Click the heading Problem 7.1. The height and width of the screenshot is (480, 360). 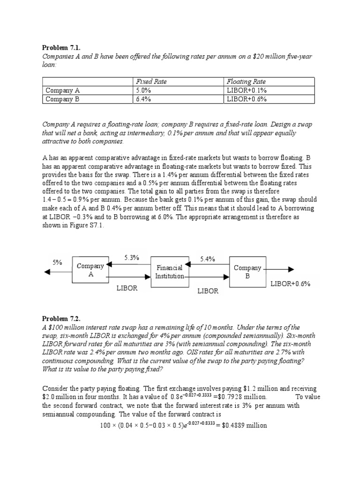(59, 47)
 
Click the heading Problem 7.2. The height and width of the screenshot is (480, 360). (59, 319)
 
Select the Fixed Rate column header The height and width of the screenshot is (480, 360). (151, 82)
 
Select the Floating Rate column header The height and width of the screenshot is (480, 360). (246, 82)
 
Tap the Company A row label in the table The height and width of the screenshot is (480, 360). (63, 90)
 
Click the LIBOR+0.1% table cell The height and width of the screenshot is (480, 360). (247, 90)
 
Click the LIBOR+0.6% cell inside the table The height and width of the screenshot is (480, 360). (247, 99)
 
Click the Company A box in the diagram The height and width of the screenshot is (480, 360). (90, 270)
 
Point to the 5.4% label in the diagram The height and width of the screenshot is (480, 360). (207, 259)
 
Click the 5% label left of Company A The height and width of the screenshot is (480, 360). (58, 263)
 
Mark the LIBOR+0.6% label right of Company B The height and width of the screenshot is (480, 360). (291, 284)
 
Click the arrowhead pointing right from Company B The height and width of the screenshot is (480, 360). (291, 270)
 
